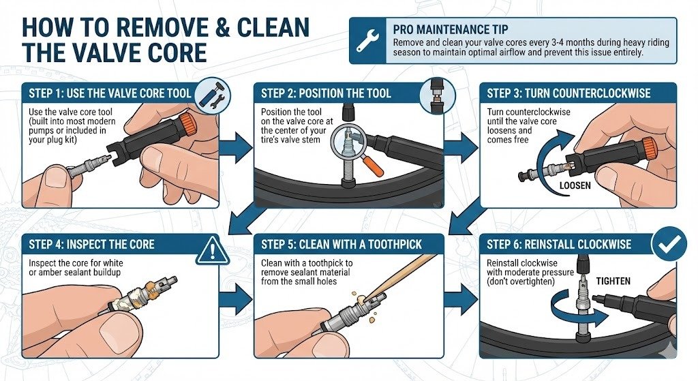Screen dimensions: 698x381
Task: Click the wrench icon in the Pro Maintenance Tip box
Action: pos(367,40)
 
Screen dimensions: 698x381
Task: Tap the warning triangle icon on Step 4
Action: pos(212,250)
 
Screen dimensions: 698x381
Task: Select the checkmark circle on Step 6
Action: pos(669,244)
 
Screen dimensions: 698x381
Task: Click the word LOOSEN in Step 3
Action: pos(575,185)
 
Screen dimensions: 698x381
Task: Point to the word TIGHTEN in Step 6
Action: pos(613,281)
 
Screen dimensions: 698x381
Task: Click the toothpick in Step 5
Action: pos(401,274)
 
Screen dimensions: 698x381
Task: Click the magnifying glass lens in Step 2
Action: pos(348,140)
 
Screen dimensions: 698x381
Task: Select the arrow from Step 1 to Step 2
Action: pos(236,148)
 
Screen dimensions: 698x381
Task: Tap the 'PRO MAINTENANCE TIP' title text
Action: pos(450,29)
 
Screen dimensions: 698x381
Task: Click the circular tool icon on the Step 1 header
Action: pos(213,95)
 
